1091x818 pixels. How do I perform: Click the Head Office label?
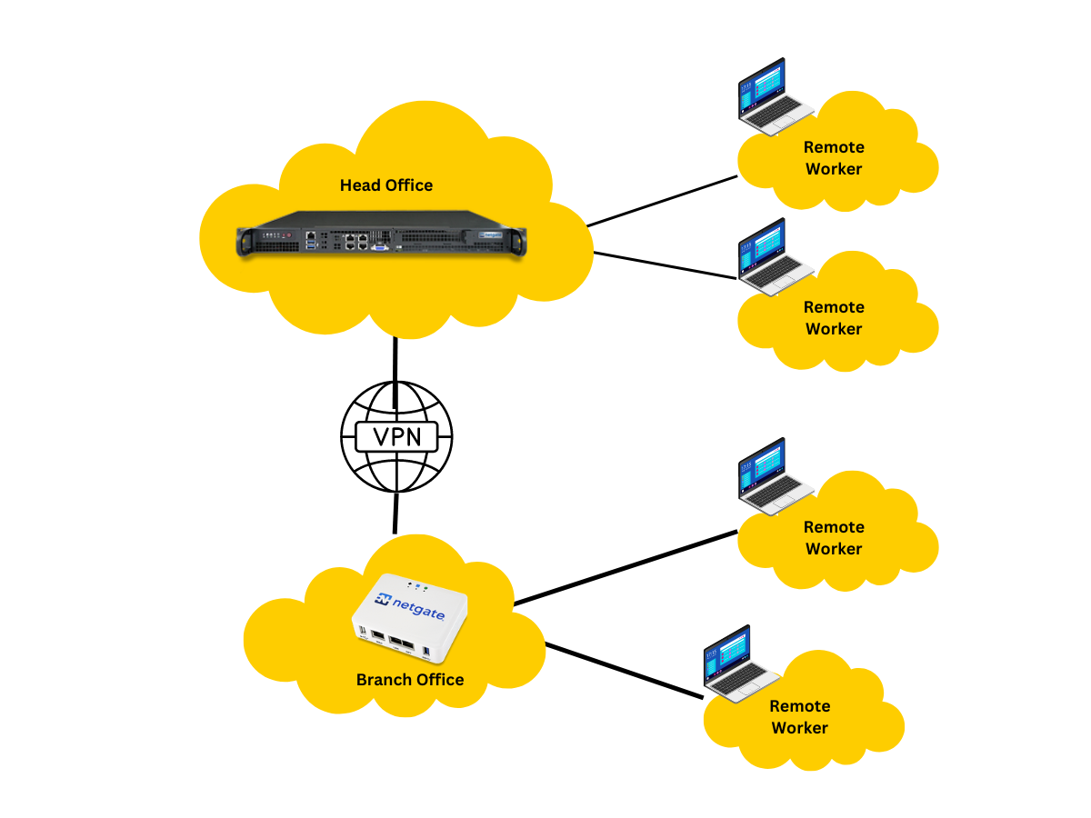(386, 185)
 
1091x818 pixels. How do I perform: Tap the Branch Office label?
(410, 680)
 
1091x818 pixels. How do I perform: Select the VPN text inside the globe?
(396, 436)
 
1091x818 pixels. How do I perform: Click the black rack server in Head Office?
(382, 238)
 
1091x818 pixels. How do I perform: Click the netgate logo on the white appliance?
(411, 606)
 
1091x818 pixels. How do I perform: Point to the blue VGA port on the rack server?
(380, 244)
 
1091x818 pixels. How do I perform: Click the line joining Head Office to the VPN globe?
(396, 360)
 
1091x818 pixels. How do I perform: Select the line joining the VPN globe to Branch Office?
(395, 514)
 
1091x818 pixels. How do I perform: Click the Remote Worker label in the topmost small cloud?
(834, 158)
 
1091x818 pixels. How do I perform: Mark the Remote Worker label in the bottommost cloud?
(800, 717)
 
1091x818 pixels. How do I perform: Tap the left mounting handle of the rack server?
(244, 242)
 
